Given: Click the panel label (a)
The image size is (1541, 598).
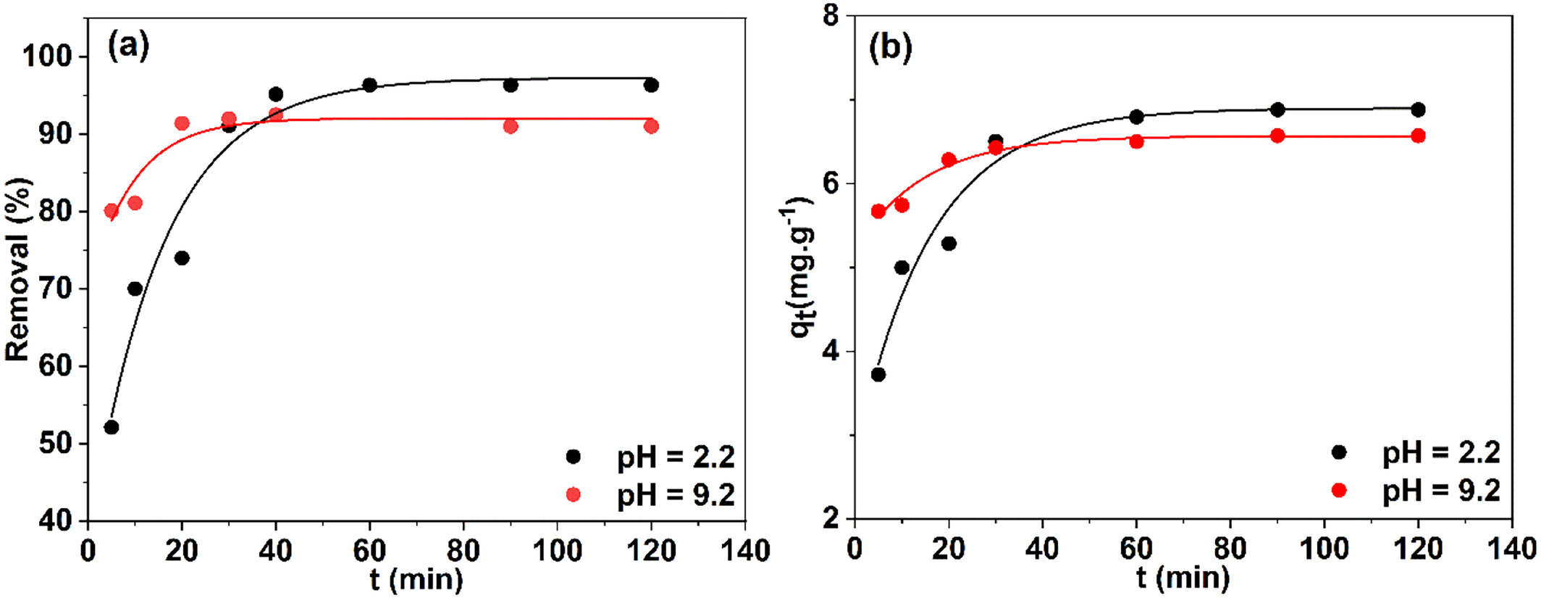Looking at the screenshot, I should tap(128, 47).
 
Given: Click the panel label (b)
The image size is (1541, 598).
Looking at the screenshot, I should tap(890, 49).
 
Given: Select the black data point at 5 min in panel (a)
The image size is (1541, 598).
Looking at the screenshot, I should tap(112, 427).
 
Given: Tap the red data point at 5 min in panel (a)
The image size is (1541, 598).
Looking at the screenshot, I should tap(112, 211).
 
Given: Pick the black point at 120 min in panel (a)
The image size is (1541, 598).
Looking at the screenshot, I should tap(651, 86).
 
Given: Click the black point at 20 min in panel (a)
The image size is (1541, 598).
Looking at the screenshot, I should tap(182, 258).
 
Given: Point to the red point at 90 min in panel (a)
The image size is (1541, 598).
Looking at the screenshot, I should tap(511, 126).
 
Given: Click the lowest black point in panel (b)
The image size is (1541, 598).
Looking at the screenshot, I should tap(878, 374).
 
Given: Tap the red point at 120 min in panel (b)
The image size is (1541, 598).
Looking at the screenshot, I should tap(1418, 136).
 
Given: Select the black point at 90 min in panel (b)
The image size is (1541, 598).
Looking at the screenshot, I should tap(1277, 109).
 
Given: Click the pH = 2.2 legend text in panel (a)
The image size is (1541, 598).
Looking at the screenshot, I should tap(676, 457).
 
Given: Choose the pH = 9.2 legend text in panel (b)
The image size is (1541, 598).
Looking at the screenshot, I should tap(1441, 491).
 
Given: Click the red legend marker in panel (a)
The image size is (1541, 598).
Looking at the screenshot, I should tap(573, 494).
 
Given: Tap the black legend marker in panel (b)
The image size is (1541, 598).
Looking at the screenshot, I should tap(1339, 452).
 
